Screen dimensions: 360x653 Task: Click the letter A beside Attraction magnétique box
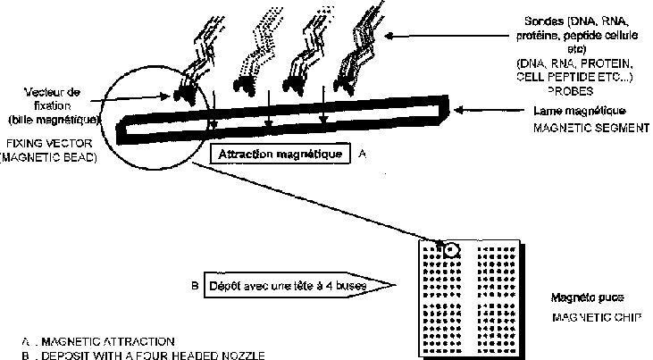click(361, 154)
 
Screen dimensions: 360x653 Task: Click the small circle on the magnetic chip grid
click(451, 249)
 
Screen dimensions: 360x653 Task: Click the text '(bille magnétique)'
click(52, 120)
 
